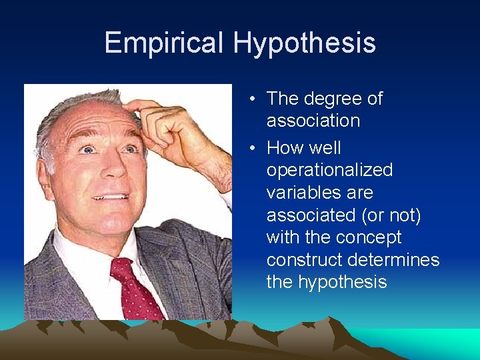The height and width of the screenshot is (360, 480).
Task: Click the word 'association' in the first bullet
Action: tap(313, 121)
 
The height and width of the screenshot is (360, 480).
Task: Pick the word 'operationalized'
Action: tap(329, 171)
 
